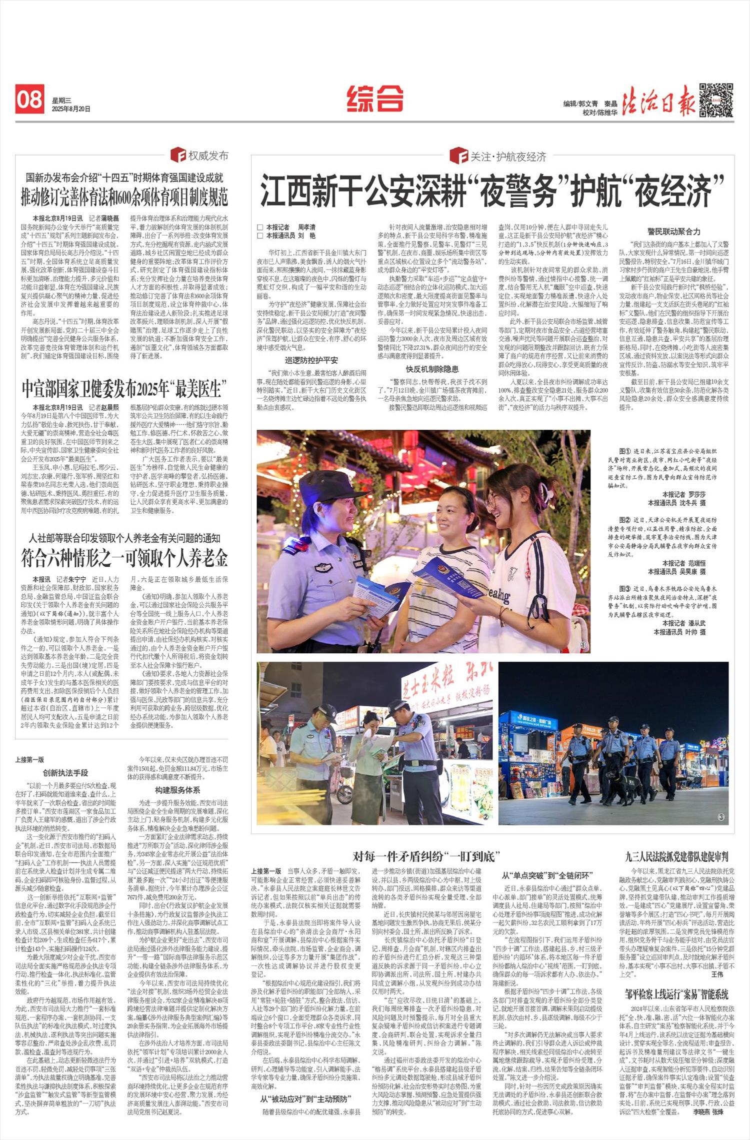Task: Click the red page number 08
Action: point(29,100)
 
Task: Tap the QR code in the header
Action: point(715,100)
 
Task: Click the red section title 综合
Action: point(374,98)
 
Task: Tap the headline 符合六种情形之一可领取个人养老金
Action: point(124,558)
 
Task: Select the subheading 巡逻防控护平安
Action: point(311,360)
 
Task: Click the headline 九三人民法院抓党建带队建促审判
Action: point(676,857)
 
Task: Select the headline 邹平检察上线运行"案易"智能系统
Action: point(676,994)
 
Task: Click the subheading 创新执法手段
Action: point(65,773)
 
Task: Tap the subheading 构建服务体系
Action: point(177,790)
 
